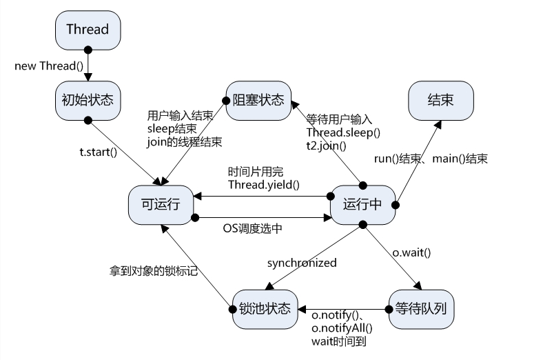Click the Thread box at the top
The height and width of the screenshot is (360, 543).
(x=88, y=30)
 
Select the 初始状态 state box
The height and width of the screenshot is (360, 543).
(x=88, y=101)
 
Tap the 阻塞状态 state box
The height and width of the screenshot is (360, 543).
(x=258, y=101)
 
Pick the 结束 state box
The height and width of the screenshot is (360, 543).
(x=441, y=101)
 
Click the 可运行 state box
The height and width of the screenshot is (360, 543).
(x=161, y=205)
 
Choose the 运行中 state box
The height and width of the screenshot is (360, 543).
(x=363, y=205)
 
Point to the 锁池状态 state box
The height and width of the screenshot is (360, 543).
(x=265, y=310)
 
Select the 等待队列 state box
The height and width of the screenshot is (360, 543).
(x=421, y=310)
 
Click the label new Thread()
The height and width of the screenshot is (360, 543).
(x=49, y=66)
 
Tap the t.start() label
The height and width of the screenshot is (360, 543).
(x=99, y=152)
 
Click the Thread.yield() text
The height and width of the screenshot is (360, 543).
(x=264, y=185)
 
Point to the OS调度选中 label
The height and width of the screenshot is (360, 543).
(x=252, y=228)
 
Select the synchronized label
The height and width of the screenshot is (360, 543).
(x=302, y=263)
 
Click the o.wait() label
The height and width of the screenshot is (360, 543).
(x=411, y=252)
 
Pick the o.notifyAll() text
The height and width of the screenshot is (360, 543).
(x=342, y=328)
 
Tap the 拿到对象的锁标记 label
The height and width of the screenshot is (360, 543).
(x=154, y=270)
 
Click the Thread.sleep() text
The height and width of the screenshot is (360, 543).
(x=343, y=132)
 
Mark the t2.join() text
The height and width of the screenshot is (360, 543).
(x=326, y=146)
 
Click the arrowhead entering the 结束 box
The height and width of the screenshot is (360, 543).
(x=438, y=124)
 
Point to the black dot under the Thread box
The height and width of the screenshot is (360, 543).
(x=88, y=50)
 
